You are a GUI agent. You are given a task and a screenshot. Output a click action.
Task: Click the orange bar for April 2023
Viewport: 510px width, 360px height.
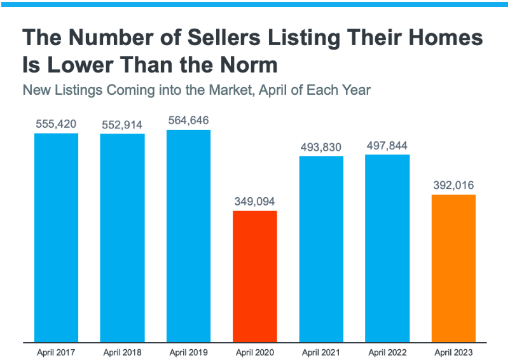point(453,268)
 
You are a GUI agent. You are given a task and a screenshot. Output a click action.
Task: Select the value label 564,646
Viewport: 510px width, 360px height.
point(188,120)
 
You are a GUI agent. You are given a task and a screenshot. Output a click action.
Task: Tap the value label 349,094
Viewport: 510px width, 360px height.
point(255,202)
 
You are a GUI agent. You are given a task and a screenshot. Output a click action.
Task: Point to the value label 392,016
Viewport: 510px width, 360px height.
point(453,186)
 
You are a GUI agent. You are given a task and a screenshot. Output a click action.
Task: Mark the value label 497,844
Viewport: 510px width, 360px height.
point(387,146)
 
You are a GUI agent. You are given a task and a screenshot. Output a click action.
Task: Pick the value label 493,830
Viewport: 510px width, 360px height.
point(321,147)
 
